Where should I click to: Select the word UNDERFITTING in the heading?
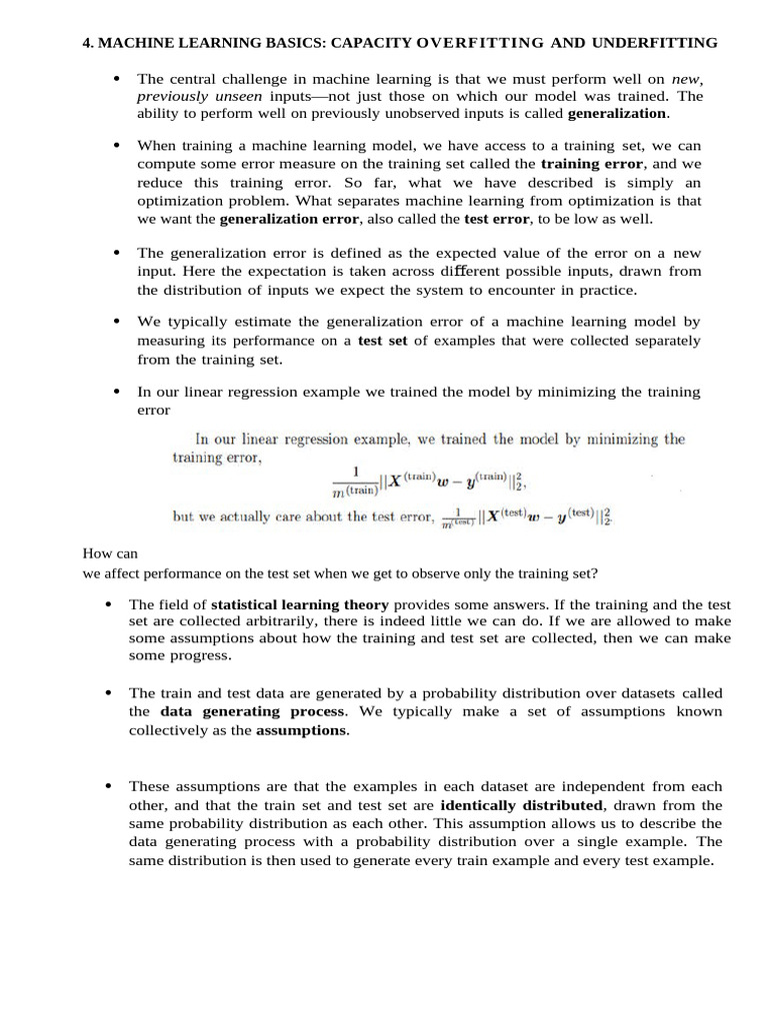[654, 43]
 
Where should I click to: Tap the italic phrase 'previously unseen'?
[199, 96]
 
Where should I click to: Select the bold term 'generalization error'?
[290, 218]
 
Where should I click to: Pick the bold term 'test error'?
[497, 218]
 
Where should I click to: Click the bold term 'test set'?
[382, 341]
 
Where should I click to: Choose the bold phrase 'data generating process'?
[252, 711]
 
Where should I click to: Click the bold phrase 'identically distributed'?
[521, 805]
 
